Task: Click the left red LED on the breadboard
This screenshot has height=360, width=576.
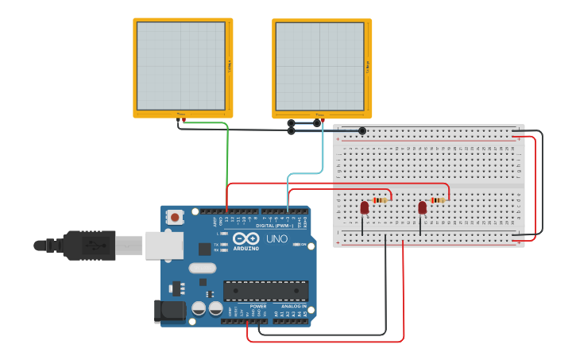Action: [x=365, y=207]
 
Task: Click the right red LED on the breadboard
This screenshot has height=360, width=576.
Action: [x=422, y=207]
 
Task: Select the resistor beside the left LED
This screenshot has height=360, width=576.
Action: [x=381, y=200]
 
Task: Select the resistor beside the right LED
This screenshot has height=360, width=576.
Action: [x=438, y=200]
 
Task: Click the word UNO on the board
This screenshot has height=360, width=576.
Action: [x=276, y=238]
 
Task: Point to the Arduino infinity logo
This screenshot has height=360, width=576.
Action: [x=246, y=238]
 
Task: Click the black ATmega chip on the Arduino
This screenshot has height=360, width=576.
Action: [x=265, y=292]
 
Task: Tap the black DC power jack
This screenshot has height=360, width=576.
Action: [x=169, y=311]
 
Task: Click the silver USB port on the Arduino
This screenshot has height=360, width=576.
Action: [x=164, y=246]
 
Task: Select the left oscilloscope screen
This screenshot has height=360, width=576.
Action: [x=181, y=66]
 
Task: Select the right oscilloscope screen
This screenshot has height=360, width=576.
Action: [x=320, y=67]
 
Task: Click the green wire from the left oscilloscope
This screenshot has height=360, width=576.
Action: [x=227, y=159]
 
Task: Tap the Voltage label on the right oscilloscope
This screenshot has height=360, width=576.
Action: [x=369, y=67]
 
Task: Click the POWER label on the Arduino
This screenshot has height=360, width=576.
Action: [x=258, y=306]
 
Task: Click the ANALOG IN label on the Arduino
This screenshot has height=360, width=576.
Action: [x=293, y=306]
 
